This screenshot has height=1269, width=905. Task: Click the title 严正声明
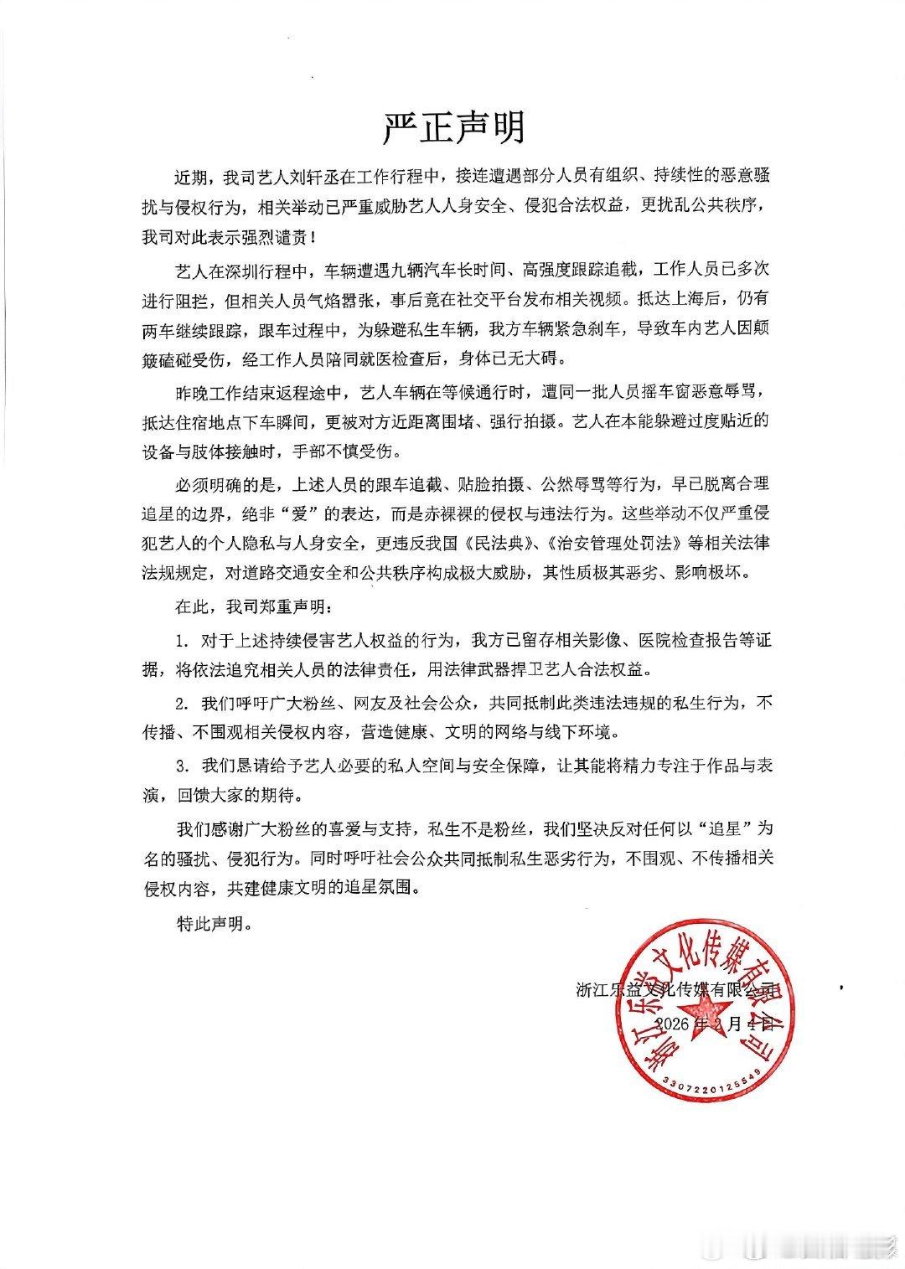click(x=453, y=128)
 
